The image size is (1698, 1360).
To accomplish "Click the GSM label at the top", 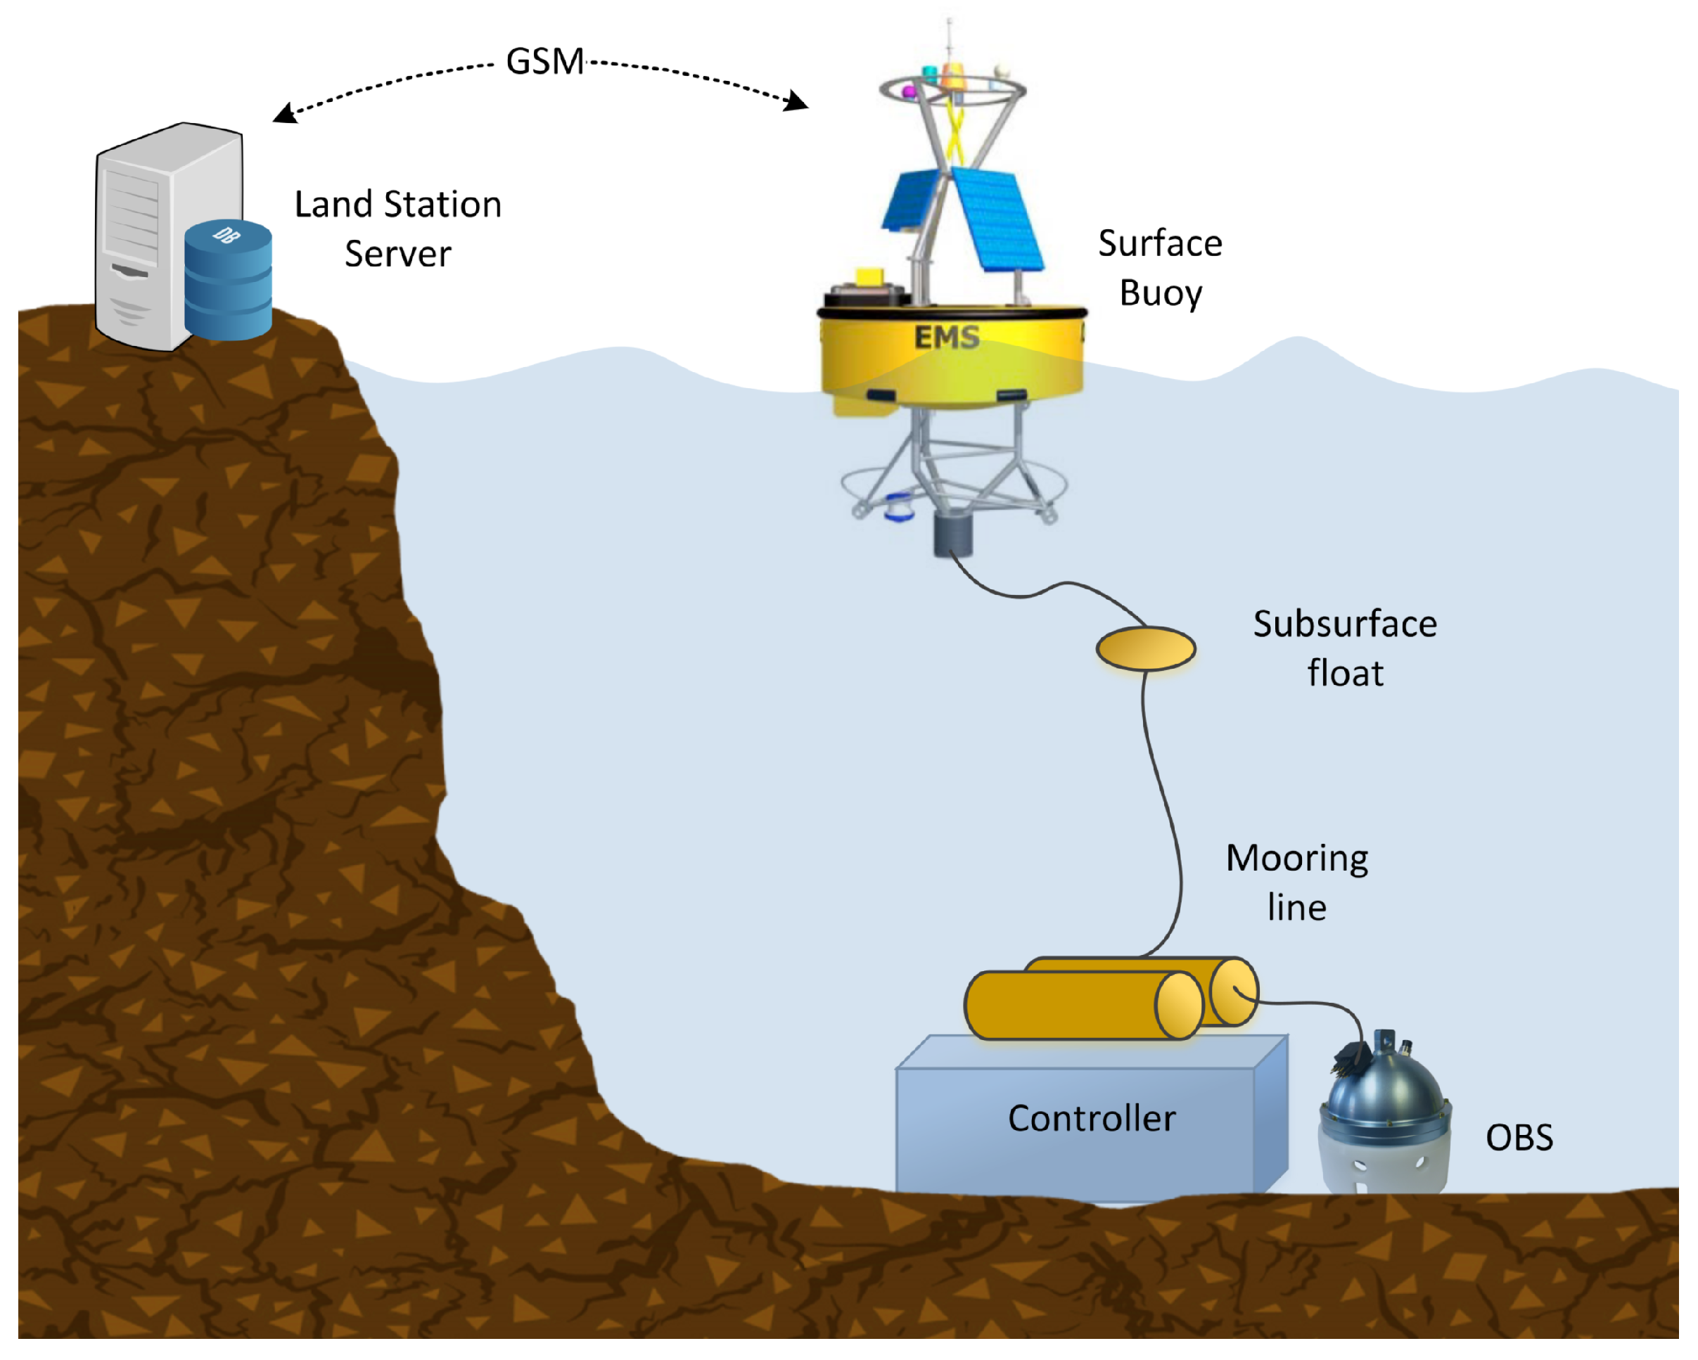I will (544, 62).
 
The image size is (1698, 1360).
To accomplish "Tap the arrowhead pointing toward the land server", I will (283, 114).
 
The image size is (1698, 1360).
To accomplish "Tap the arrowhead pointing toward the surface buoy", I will (798, 101).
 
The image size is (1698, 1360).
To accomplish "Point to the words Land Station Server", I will (397, 229).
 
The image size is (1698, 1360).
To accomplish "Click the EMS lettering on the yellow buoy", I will (947, 338).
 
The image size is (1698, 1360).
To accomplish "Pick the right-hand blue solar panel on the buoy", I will (997, 218).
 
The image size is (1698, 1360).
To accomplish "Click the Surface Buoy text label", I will (1160, 268).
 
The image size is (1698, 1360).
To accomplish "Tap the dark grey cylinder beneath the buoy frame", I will (953, 534).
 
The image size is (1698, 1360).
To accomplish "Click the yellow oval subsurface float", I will (1146, 649).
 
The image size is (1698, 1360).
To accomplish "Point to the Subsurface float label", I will (1345, 648).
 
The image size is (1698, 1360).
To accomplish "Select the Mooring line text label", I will (1297, 882).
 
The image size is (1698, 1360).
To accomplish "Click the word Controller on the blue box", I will (1092, 1118).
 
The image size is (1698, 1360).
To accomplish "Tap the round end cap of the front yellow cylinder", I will (1178, 1005).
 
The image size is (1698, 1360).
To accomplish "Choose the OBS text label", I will (1519, 1137).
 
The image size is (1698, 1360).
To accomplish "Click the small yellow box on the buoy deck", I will (869, 277).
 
